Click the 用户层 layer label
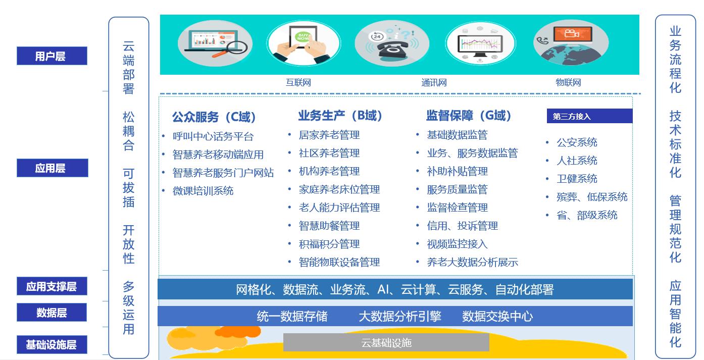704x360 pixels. (x=52, y=56)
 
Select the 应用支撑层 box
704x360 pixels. (x=52, y=286)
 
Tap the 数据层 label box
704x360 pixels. (x=52, y=312)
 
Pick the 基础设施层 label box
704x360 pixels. (x=52, y=345)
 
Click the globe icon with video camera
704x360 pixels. (x=571, y=43)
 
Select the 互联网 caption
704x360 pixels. (x=298, y=83)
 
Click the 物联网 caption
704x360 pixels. (x=568, y=83)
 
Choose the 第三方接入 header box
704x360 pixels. (x=589, y=116)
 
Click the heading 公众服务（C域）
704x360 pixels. (x=214, y=117)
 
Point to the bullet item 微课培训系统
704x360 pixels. (x=203, y=191)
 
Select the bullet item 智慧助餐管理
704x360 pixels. (x=329, y=226)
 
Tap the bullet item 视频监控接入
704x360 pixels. (x=457, y=244)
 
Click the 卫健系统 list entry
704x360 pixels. (x=577, y=178)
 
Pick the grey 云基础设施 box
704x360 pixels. (x=386, y=342)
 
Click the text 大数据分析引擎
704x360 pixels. (x=400, y=316)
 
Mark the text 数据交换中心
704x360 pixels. (x=497, y=316)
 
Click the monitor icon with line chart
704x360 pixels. (x=480, y=44)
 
